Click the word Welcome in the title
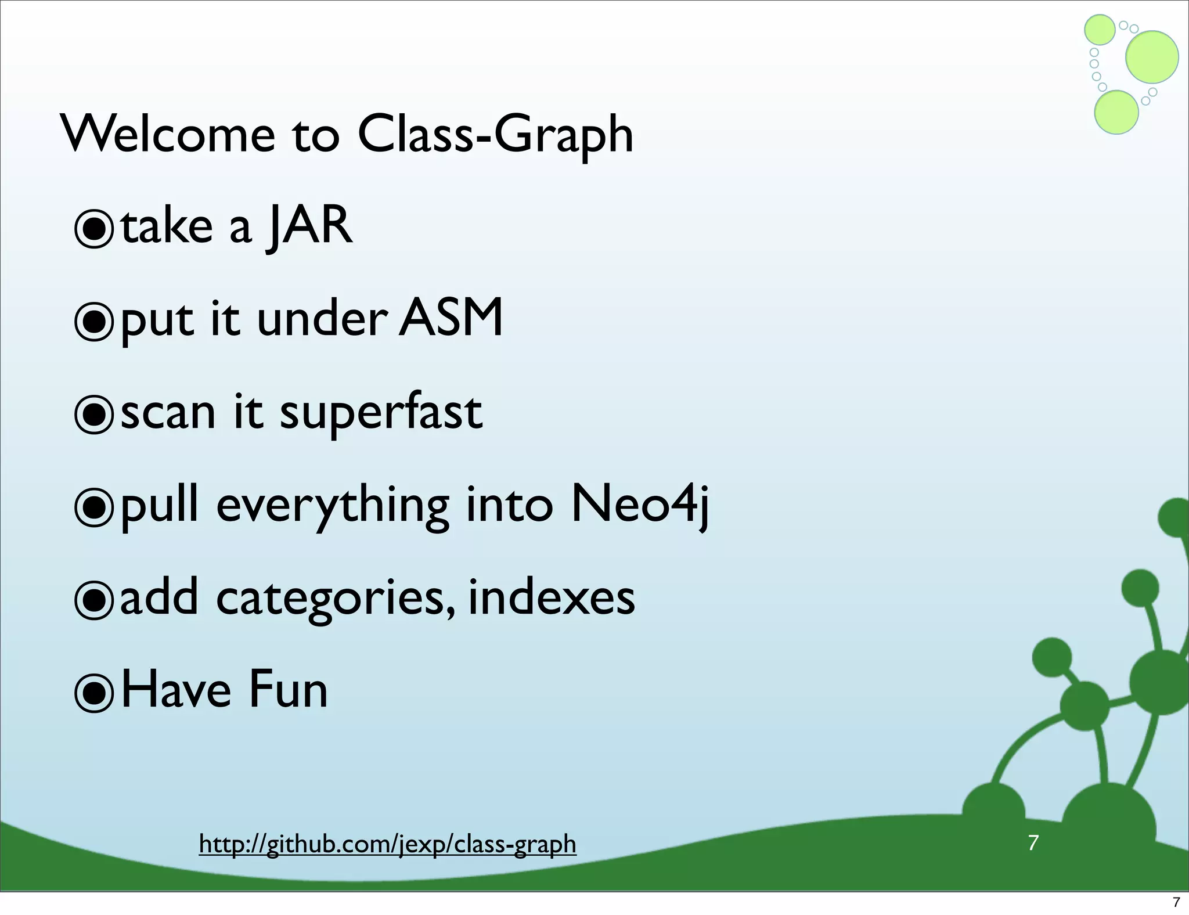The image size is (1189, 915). (x=168, y=135)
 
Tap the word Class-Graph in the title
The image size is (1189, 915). (x=495, y=135)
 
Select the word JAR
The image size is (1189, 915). (x=309, y=226)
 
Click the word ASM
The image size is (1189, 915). (x=451, y=318)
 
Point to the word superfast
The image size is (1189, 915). (x=381, y=412)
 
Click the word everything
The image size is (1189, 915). (x=333, y=506)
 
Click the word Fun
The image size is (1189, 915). (x=289, y=690)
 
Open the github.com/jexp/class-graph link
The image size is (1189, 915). (x=387, y=844)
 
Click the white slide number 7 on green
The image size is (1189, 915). (x=1033, y=842)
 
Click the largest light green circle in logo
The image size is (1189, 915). (x=1152, y=57)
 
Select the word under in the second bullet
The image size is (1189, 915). (x=322, y=319)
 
